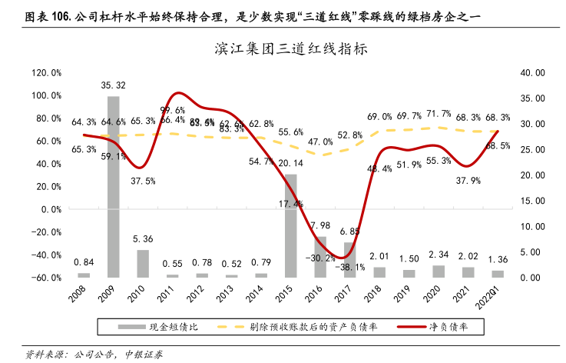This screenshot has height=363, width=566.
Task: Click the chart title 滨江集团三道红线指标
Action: [282, 48]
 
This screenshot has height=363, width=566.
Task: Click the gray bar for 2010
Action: [143, 263]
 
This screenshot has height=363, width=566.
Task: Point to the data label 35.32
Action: [114, 85]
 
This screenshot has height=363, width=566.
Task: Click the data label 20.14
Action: [291, 163]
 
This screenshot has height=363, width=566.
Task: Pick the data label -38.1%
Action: [353, 268]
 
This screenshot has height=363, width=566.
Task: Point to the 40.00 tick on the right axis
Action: [529, 73]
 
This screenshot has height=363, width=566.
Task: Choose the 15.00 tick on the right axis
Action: [529, 201]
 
